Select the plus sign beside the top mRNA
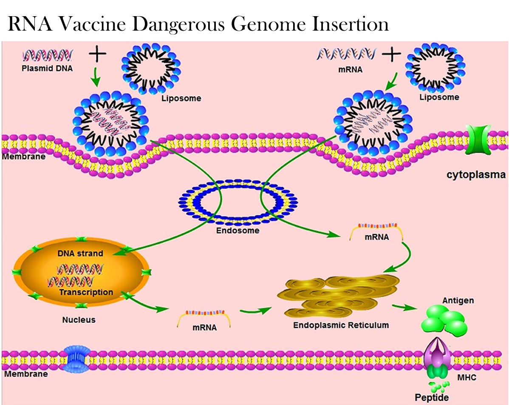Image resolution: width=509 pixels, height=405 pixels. [x=392, y=54]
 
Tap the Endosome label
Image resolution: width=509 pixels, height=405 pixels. [x=238, y=231]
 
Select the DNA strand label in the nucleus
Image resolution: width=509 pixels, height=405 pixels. [x=80, y=254]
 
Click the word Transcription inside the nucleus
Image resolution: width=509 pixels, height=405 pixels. [x=86, y=292]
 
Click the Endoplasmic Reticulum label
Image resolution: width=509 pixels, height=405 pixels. [x=341, y=325]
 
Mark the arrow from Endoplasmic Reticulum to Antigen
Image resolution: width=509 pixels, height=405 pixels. [x=404, y=307]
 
